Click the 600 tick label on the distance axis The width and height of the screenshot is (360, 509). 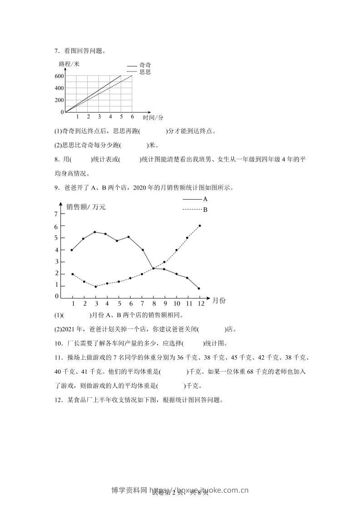[x=59, y=76]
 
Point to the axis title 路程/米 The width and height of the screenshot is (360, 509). [x=69, y=64]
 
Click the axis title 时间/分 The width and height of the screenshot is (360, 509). [x=153, y=117]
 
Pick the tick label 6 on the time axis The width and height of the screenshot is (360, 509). [x=132, y=117]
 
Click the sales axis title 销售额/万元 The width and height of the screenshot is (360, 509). [x=86, y=207]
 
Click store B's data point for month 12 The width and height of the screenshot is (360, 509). [x=200, y=225]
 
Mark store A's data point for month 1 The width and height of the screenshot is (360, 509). [x=72, y=250]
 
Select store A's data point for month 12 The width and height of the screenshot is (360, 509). [x=199, y=288]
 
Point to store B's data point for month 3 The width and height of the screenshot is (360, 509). [x=96, y=286]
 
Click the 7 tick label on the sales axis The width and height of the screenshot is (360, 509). [x=56, y=214]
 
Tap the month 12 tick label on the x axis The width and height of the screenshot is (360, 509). [x=201, y=303]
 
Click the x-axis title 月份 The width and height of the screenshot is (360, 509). [x=218, y=300]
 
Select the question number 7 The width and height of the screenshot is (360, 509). [x=55, y=51]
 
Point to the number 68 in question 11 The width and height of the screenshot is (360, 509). [x=247, y=372]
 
